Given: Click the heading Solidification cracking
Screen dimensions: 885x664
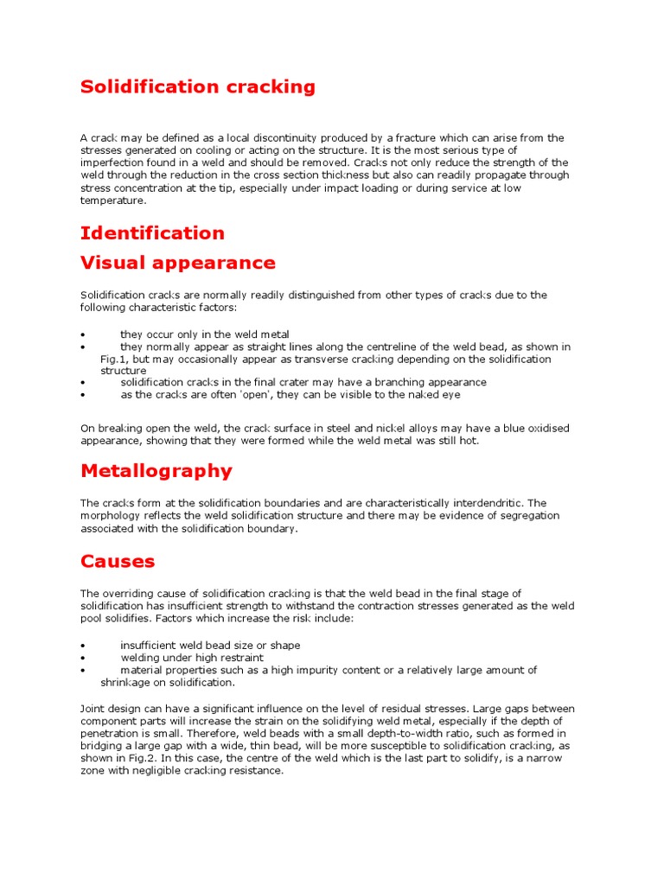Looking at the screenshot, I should point(198,87).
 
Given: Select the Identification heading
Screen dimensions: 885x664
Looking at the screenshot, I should point(152,233).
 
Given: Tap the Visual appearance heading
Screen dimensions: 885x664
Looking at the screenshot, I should point(178,263).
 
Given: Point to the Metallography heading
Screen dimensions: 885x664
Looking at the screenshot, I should point(156,471).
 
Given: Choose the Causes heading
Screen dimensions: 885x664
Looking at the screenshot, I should point(118,562).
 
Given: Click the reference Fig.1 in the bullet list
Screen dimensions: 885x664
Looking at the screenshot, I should point(114,359).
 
